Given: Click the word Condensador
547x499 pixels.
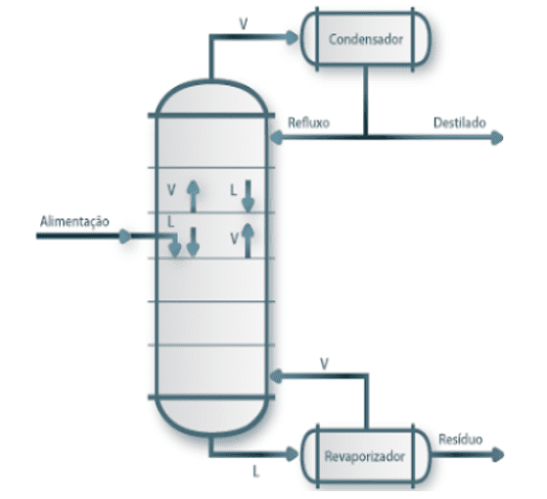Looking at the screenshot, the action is coord(366,39).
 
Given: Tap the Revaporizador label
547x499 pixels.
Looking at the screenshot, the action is coord(365,457).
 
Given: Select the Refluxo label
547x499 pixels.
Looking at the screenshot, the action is coord(309,122).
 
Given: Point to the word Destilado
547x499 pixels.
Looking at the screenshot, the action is coord(460,122).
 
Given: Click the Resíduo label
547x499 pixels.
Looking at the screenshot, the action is coord(461,439).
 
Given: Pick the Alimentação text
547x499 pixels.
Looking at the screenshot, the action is coord(74,222).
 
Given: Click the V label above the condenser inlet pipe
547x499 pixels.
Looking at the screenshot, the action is coord(243,23).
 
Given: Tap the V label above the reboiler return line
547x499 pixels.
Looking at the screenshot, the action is coord(324,364).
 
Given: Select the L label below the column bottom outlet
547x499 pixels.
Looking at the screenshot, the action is coord(256,472).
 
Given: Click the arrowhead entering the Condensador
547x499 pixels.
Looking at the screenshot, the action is coord(293,37).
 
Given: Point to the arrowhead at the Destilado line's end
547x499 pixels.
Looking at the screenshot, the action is coord(497,138).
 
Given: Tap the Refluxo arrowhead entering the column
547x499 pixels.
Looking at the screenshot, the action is coord(277,137).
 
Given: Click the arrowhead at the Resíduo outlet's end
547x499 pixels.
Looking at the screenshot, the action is coord(498,454).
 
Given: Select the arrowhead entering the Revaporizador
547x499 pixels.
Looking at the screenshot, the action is coord(293,454).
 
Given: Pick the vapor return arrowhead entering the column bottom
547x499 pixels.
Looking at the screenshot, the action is coord(277,377).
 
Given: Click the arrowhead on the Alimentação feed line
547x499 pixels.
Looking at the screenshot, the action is coord(125,236).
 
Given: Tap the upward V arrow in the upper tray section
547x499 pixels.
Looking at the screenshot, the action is coord(193,196).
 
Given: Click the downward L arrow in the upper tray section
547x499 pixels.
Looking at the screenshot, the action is coord(248,196).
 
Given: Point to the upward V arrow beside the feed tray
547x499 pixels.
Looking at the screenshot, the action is coord(248,241).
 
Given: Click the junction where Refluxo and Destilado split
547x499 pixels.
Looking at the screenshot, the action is coord(365,137).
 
